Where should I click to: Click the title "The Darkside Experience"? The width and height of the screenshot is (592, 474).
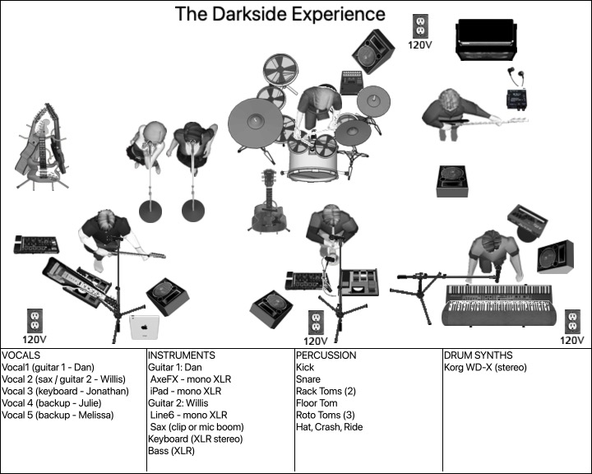click(x=280, y=14)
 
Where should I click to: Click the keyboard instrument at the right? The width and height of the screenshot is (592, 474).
click(x=503, y=304)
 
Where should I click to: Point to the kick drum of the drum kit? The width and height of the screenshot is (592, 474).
click(x=314, y=163)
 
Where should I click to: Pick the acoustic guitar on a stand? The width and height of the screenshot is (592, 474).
click(x=269, y=203)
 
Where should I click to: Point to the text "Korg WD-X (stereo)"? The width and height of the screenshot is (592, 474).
click(x=484, y=368)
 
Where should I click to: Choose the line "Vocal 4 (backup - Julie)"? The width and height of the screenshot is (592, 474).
click(x=56, y=403)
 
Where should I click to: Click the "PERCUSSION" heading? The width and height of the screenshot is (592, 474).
click(x=326, y=355)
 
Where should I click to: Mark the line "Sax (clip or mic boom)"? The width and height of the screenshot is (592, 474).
click(x=197, y=427)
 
